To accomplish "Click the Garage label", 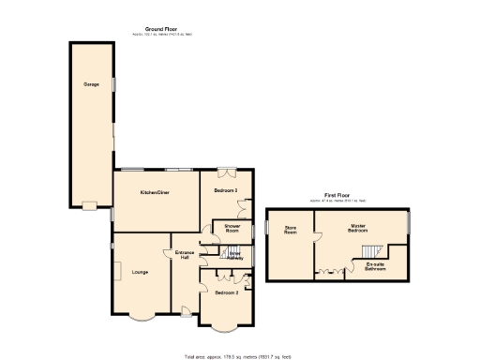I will pos(92,84).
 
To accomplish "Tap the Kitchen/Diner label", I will pos(155,191).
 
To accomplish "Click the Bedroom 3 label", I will pos(226,191).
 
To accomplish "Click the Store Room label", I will pos(291,230).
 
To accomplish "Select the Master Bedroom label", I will pos(357,228).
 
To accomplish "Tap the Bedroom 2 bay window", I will pos(223,327).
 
